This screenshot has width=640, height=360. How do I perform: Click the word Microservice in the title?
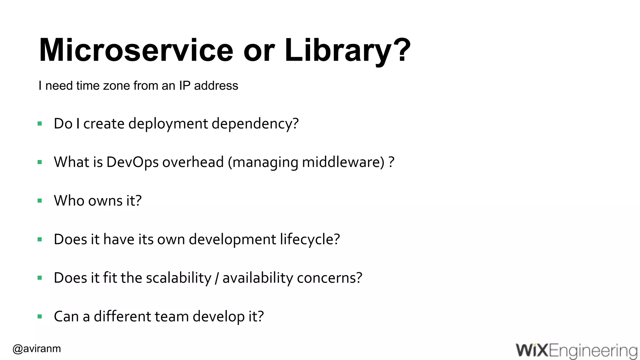136,50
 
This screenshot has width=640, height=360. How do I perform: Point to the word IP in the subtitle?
184,86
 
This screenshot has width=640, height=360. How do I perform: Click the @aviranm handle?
37,348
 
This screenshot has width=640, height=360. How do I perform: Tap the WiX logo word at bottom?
532,350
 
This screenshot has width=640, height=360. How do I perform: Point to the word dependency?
255,124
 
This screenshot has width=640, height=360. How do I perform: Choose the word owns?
105,201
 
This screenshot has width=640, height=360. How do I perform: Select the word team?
172,316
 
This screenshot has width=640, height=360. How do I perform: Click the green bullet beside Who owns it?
40,201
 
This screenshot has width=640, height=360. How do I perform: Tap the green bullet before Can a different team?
40,317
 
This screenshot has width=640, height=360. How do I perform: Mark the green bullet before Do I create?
40,124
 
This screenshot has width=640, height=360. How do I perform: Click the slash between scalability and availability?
217,278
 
